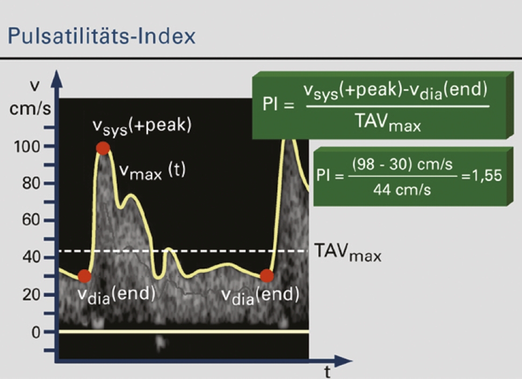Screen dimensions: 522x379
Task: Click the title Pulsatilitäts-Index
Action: (x=101, y=36)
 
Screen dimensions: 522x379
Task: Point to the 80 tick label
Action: (x=31, y=183)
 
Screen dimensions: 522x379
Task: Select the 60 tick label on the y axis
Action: (x=31, y=220)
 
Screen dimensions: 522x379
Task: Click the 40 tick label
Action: (x=31, y=257)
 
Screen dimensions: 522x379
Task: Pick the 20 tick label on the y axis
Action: (x=31, y=295)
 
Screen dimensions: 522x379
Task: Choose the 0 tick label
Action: (x=36, y=332)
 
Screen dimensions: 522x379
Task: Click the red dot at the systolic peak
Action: (x=103, y=148)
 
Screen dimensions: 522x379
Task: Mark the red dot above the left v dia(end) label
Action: (x=84, y=276)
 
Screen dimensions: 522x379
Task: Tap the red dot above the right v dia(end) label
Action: (x=267, y=275)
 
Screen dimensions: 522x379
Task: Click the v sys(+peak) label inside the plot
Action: (x=142, y=127)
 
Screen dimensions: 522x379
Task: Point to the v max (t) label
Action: (x=153, y=171)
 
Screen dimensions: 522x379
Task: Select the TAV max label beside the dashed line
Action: (x=347, y=252)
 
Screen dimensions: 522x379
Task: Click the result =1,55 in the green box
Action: (x=481, y=175)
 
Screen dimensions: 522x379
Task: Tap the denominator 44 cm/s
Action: (x=402, y=190)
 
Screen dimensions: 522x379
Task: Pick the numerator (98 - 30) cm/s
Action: (x=402, y=164)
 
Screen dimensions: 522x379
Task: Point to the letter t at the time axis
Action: (x=328, y=372)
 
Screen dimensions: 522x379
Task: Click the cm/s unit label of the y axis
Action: (x=30, y=108)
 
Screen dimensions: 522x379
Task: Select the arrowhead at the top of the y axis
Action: (x=57, y=79)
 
